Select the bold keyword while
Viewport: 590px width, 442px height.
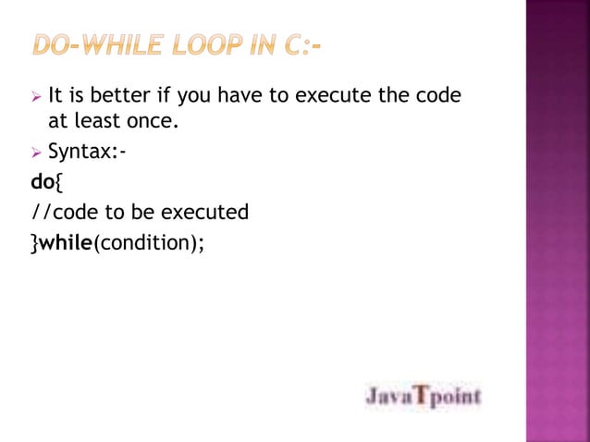click(x=67, y=242)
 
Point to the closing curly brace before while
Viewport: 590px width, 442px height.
click(x=34, y=242)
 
